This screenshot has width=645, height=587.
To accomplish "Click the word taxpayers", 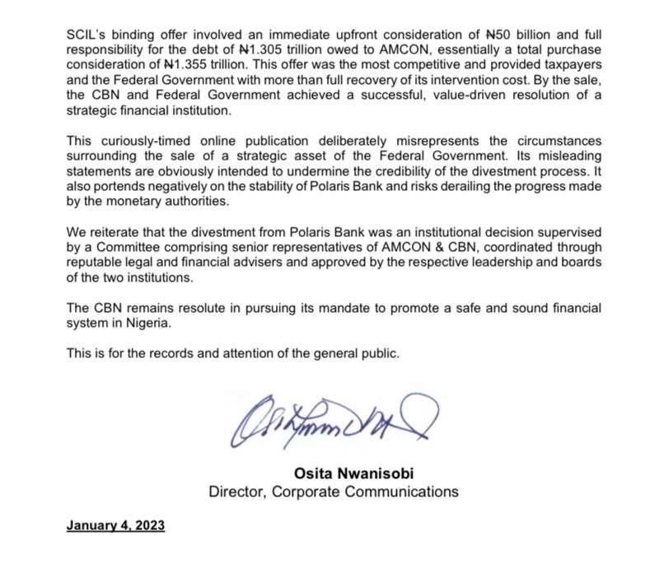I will [573, 65].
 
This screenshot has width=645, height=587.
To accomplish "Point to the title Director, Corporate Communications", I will [333, 491].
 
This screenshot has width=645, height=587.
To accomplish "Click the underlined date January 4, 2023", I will [115, 525].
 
